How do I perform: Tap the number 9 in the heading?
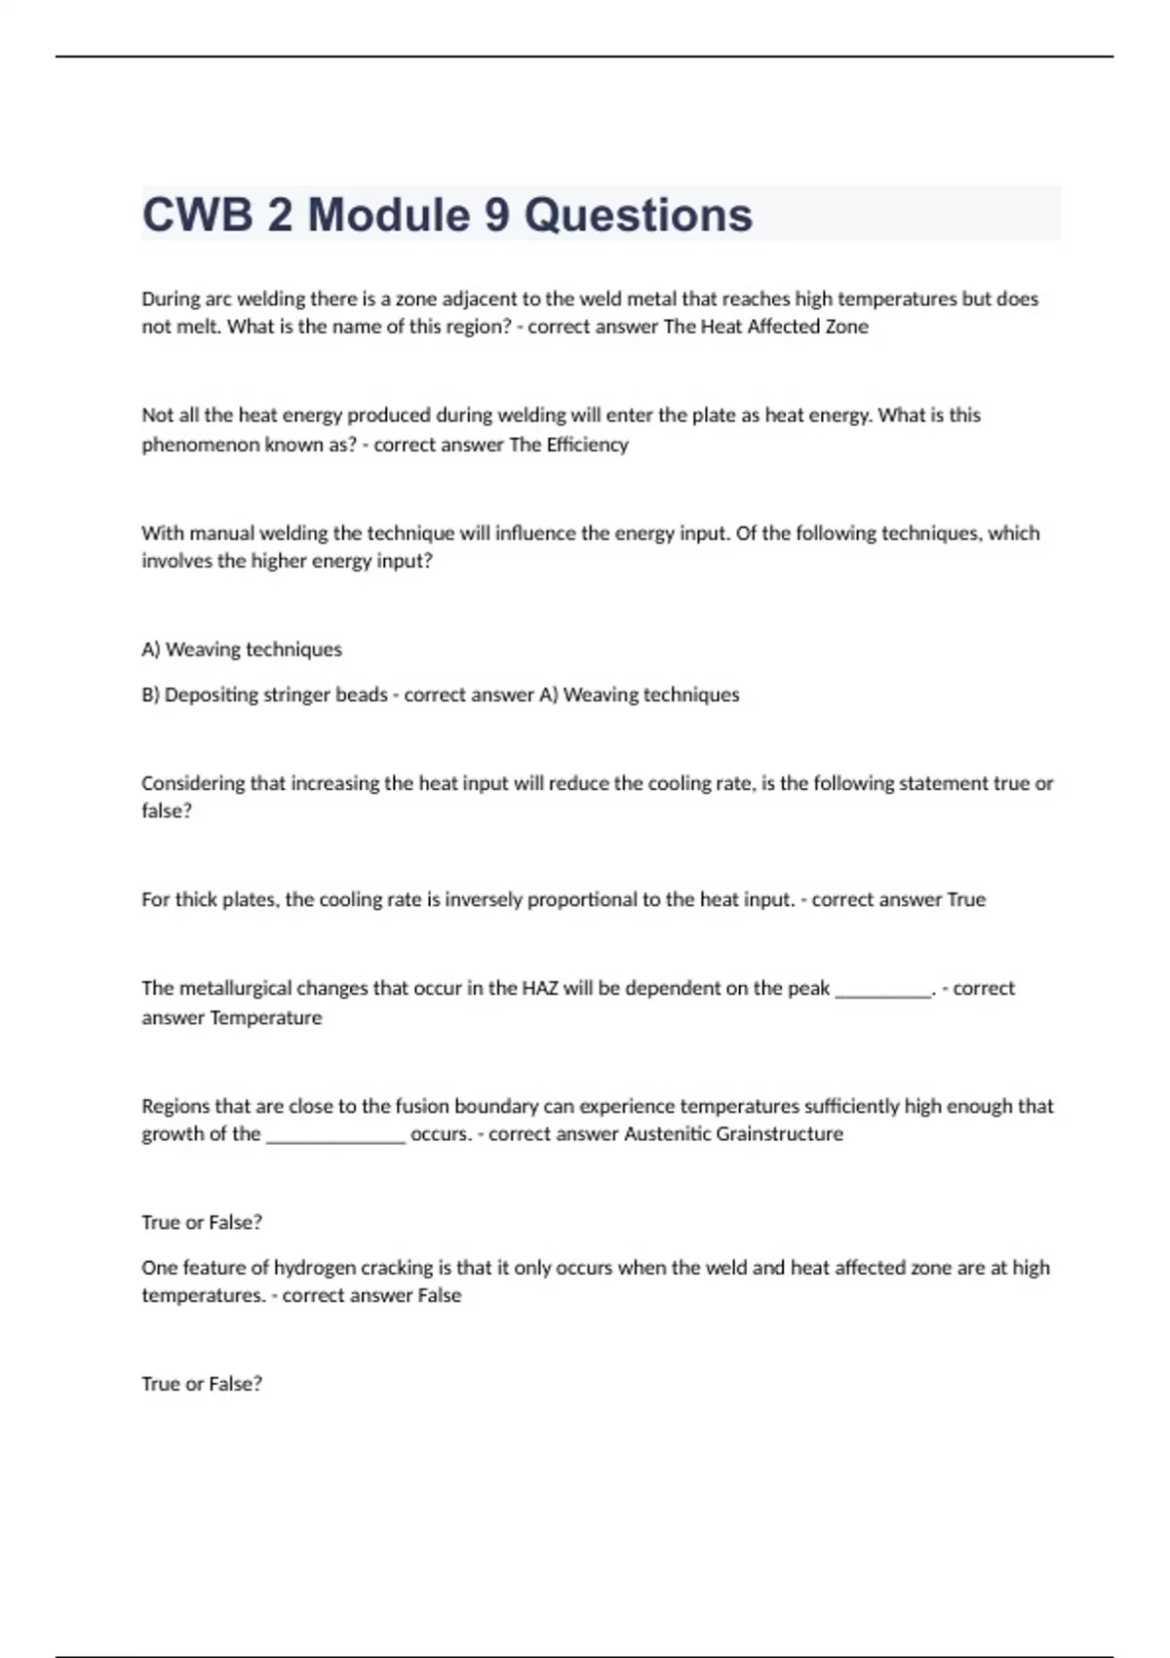496,215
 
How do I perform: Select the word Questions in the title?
639,215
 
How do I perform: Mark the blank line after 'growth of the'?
335,1138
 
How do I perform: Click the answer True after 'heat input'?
966,899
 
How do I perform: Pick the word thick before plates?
196,899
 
